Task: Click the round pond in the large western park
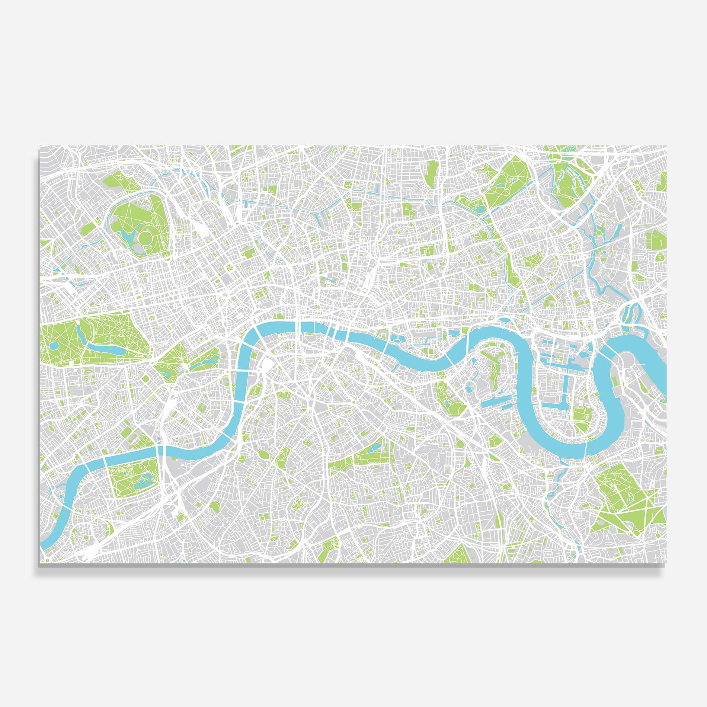coord(55,346)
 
